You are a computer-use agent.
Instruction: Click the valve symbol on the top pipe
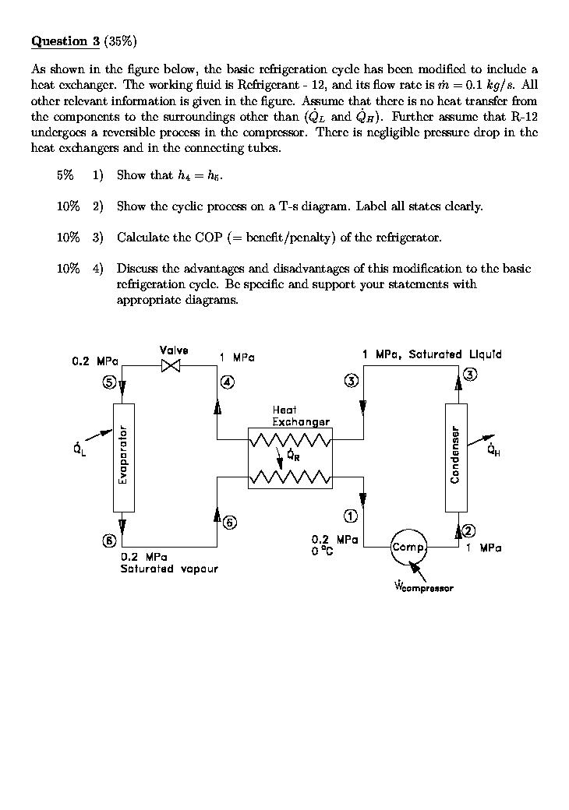[x=170, y=365]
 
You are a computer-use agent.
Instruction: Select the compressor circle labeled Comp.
[x=408, y=548]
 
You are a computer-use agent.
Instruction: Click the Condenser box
[x=455, y=457]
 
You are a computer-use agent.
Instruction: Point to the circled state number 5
[x=110, y=382]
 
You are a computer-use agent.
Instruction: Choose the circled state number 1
[x=351, y=516]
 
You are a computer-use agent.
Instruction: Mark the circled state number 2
[x=468, y=531]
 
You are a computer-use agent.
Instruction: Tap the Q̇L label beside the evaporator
[x=80, y=449]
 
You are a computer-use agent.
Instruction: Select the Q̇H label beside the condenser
[x=493, y=450]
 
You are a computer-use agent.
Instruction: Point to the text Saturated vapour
[x=169, y=569]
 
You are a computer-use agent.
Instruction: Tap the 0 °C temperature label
[x=322, y=551]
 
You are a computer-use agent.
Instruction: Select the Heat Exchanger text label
[x=300, y=416]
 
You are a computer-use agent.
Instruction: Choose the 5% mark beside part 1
[x=65, y=175]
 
